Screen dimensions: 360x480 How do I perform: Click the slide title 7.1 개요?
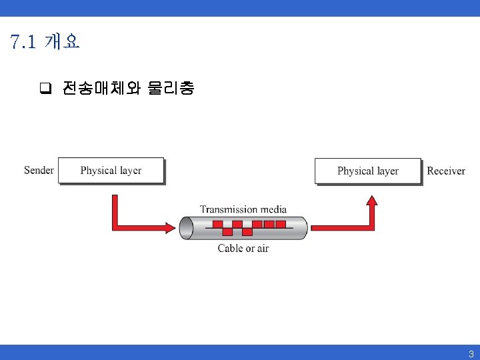point(45,42)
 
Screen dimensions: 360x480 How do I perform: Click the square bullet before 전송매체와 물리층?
point(45,88)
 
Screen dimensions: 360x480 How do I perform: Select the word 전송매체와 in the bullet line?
point(101,88)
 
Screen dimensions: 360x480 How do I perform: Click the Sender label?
point(39,170)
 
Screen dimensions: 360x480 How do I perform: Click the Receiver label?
point(446,171)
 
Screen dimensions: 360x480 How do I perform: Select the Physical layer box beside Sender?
point(111,171)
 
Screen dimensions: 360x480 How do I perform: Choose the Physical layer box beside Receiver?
point(368,171)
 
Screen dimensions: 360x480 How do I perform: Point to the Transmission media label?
point(243,209)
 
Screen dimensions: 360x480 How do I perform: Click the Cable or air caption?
point(243,248)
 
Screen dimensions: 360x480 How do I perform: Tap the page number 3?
point(471,354)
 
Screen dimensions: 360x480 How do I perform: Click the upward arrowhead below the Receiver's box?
point(372,200)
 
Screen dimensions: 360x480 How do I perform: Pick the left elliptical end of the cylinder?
point(187,228)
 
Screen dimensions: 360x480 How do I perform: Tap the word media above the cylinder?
point(273,209)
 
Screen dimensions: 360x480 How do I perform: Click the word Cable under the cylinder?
point(230,248)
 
